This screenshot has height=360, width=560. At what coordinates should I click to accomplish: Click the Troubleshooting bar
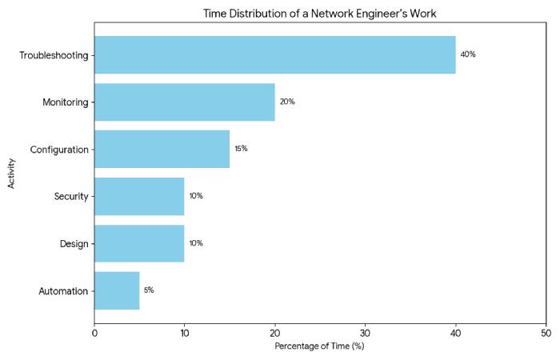[x=274, y=55]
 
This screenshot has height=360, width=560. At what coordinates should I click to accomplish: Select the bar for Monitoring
[x=185, y=102]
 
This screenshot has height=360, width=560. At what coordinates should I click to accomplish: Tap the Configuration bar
[x=162, y=150]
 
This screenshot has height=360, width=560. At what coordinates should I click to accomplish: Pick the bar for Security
[x=139, y=196]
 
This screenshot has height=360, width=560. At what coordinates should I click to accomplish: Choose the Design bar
[x=139, y=243]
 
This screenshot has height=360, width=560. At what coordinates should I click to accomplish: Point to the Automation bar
[x=117, y=290]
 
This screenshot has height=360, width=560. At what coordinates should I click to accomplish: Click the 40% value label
[x=468, y=55]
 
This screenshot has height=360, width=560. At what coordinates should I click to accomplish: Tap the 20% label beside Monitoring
[x=287, y=102]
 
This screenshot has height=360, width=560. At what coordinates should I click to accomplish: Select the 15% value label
[x=241, y=150]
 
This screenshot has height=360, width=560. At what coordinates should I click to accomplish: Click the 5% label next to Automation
[x=149, y=290]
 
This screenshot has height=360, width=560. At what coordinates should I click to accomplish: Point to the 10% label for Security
[x=196, y=196]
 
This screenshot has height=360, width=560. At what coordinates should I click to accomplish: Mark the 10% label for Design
[x=196, y=243]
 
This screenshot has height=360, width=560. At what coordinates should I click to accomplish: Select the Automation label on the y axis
[x=63, y=290]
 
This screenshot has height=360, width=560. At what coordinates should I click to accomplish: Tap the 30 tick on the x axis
[x=366, y=332]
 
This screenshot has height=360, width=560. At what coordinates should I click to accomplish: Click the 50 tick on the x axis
[x=546, y=332]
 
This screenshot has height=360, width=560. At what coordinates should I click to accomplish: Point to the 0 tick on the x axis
[x=94, y=332]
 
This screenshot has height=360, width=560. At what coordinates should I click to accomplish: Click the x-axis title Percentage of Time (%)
[x=319, y=346]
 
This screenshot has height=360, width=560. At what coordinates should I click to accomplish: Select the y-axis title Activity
[x=11, y=173]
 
